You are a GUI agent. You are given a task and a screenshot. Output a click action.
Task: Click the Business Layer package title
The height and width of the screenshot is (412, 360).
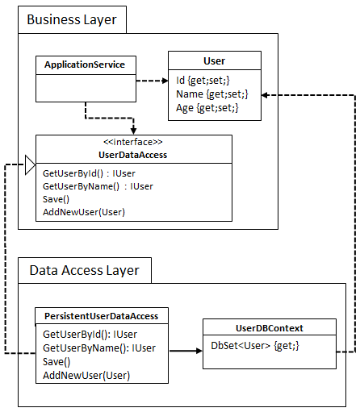pos(72,19)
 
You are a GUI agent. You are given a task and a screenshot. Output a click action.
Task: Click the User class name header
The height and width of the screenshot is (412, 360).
pos(214,60)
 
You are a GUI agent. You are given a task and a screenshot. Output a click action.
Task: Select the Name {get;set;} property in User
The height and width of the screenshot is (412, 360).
pos(211,94)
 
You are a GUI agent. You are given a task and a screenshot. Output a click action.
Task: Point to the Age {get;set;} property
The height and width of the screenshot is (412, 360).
pos(207,107)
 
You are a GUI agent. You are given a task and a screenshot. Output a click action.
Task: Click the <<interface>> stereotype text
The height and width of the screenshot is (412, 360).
pos(133,142)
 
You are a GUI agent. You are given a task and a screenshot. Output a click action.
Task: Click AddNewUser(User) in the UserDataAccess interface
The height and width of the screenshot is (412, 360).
pos(84,211)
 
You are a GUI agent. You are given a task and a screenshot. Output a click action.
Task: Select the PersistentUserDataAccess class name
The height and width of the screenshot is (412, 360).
pos(101,316)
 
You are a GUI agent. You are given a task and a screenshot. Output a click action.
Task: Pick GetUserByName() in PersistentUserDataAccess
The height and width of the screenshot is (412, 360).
pos(99,347)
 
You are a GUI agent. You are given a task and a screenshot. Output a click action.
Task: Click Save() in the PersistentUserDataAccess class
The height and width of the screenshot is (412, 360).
pos(57,361)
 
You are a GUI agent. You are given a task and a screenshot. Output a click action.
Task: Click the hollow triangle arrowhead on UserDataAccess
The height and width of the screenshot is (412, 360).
pos(30,165)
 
